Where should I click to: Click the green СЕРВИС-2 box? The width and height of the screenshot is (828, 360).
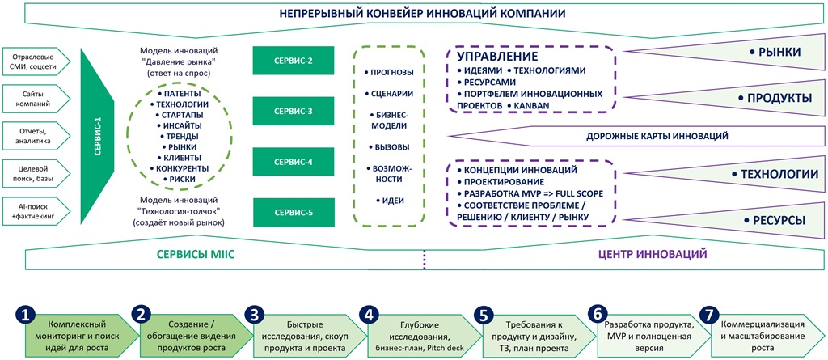coord(294,59)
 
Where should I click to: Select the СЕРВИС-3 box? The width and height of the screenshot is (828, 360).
coord(294,111)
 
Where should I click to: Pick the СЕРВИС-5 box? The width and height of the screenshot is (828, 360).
coord(294,213)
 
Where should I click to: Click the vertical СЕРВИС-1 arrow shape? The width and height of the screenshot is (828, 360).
coord(98,135)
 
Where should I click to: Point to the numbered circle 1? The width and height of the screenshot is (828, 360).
coord(28,314)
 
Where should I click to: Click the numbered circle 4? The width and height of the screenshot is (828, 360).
coord(369,314)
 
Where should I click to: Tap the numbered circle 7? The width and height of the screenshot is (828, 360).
coord(709,314)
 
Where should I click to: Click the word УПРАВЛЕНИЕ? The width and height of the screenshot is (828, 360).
coord(492,57)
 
